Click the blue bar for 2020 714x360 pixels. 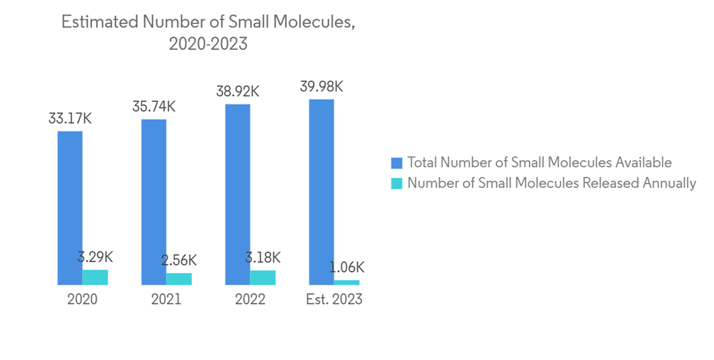(x=70, y=208)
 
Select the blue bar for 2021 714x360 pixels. (x=154, y=202)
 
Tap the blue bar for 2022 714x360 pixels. (x=238, y=194)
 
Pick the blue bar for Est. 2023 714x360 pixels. (x=321, y=192)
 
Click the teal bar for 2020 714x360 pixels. (x=95, y=277)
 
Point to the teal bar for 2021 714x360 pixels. (x=179, y=279)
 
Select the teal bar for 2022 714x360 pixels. (x=263, y=277)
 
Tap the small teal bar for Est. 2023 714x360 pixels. (x=347, y=282)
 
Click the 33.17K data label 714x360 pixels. (x=70, y=119)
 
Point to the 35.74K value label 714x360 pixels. (x=154, y=106)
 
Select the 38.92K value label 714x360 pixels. (x=238, y=91)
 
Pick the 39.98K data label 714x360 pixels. (x=321, y=86)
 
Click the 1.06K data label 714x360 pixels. (x=347, y=267)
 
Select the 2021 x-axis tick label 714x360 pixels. (x=166, y=299)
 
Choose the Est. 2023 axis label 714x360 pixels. (x=333, y=299)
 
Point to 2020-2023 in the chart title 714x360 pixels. (x=208, y=44)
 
